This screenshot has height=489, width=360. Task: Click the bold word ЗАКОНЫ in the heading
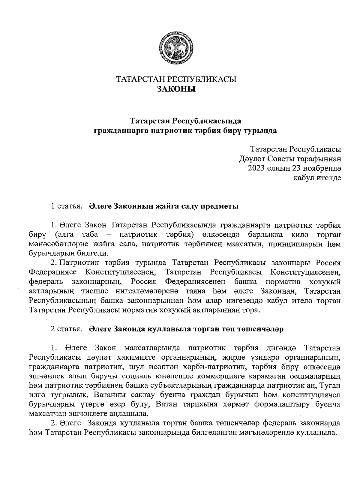(176, 89)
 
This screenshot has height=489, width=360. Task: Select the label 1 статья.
(66, 206)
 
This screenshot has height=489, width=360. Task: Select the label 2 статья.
(66, 329)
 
